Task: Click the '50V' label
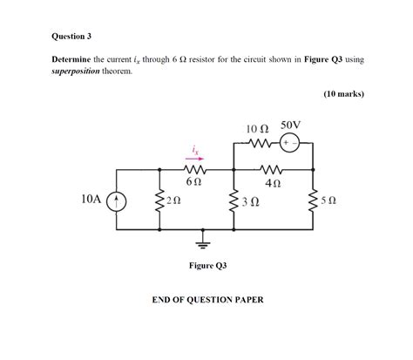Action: point(290,126)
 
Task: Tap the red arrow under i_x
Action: point(196,160)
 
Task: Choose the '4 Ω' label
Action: point(273,184)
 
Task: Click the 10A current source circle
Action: point(118,200)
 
